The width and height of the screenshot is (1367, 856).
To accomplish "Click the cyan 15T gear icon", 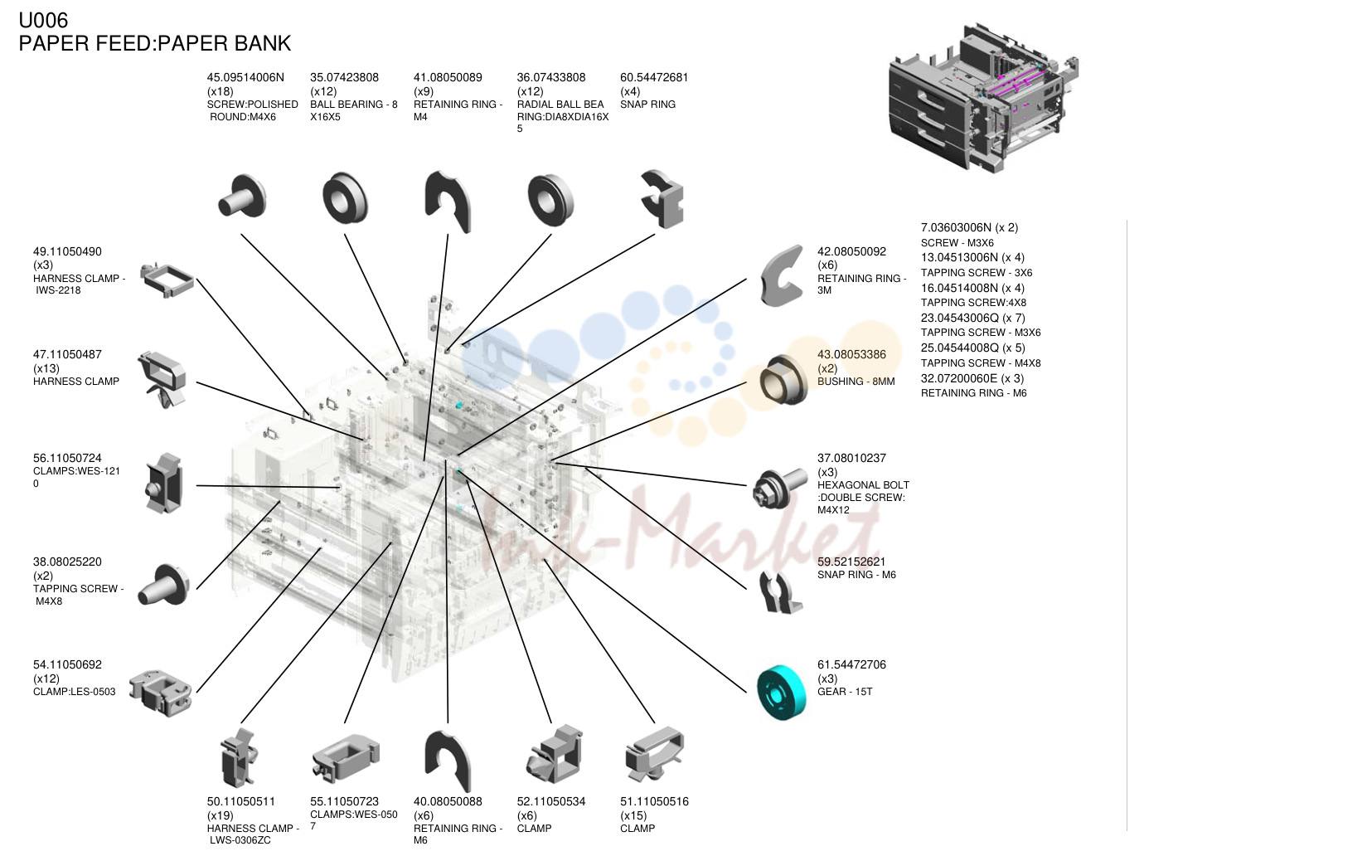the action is (x=782, y=693).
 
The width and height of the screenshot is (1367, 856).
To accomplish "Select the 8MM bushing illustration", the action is (x=784, y=380).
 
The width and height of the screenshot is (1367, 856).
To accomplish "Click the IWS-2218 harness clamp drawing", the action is (x=166, y=280).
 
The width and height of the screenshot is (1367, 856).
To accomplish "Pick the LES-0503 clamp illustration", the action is (x=161, y=693).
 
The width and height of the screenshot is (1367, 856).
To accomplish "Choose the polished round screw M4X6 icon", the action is (x=242, y=197).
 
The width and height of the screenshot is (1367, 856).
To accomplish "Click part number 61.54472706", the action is (x=851, y=665).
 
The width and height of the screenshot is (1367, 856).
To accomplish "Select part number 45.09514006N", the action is (x=245, y=77).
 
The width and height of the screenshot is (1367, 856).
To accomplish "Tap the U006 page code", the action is (x=43, y=21).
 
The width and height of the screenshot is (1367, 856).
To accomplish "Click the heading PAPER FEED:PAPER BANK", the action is (x=155, y=43).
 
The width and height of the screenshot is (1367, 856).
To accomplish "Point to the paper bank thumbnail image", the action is (x=983, y=98).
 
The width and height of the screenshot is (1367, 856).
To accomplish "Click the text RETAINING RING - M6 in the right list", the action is (x=973, y=393).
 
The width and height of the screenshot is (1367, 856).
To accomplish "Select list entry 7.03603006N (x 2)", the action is (x=969, y=228).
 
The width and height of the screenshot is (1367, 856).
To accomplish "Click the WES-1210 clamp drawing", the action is (x=164, y=484).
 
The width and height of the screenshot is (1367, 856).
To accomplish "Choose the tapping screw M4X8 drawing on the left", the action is (x=163, y=585).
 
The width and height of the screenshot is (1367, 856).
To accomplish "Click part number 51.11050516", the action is (x=654, y=801).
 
